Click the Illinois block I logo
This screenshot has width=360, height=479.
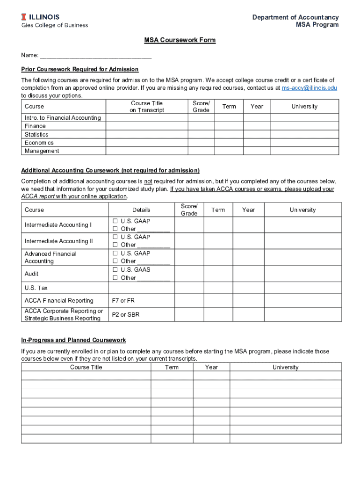pyautogui.click(x=24, y=17)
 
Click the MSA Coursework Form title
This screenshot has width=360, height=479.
pyautogui.click(x=180, y=40)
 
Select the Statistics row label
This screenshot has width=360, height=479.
pyautogui.click(x=36, y=135)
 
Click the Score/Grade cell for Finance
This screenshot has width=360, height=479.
pyautogui.click(x=201, y=126)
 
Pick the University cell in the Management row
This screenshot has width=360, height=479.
pyautogui.click(x=304, y=151)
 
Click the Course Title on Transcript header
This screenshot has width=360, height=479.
pyautogui.click(x=147, y=107)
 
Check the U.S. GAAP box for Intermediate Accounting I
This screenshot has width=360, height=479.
pyautogui.click(x=115, y=221)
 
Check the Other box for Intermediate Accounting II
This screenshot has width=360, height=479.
pyautogui.click(x=115, y=245)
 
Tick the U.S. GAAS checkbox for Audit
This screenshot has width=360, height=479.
pyautogui.click(x=115, y=270)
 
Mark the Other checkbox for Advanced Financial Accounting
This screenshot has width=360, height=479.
pyautogui.click(x=115, y=261)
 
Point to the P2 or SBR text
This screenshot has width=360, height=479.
pyautogui.click(x=125, y=315)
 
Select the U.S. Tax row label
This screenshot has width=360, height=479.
pyautogui.click(x=36, y=288)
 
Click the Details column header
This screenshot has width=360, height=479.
pyautogui.click(x=141, y=210)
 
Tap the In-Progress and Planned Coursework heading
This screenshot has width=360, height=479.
pyautogui.click(x=73, y=340)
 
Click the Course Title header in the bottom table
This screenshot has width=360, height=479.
pyautogui.click(x=86, y=367)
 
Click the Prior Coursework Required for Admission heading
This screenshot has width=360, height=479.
pyautogui.click(x=79, y=69)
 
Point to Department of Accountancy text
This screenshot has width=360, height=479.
pyautogui.click(x=295, y=17)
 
